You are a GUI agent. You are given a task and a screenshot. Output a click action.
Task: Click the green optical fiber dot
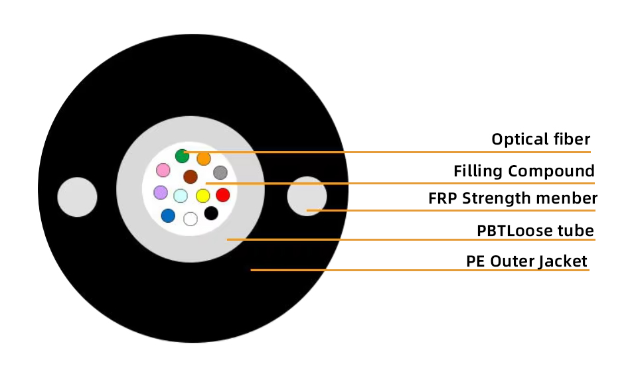coord(182,156)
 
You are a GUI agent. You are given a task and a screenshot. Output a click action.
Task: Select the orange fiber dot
coord(204,158)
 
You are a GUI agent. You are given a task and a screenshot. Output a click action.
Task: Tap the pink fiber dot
coord(163,170)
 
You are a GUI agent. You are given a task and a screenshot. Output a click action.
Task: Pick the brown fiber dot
coord(191,176)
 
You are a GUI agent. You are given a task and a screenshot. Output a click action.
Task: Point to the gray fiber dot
coord(220,173)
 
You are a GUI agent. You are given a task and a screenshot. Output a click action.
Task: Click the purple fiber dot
coord(161,192)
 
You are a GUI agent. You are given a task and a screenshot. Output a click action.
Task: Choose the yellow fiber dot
coord(203,196)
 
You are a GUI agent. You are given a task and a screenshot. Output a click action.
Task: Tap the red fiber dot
coord(223,195)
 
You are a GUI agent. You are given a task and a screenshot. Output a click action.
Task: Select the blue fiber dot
coord(168,216)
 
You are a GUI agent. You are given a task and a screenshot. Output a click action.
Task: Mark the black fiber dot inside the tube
coord(211,214)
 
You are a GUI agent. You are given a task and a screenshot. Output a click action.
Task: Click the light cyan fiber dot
coord(181,196)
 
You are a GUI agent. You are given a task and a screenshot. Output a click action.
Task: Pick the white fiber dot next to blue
coord(191,219)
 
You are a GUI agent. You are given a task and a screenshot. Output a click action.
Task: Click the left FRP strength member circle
coord(77,197)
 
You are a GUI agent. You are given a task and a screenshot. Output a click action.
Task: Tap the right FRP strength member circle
coord(307,196)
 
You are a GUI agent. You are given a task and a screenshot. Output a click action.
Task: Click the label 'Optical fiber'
coord(540,139)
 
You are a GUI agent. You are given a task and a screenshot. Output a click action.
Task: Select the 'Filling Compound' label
coord(524,171)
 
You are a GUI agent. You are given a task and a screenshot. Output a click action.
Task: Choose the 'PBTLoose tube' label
coord(535,231)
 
